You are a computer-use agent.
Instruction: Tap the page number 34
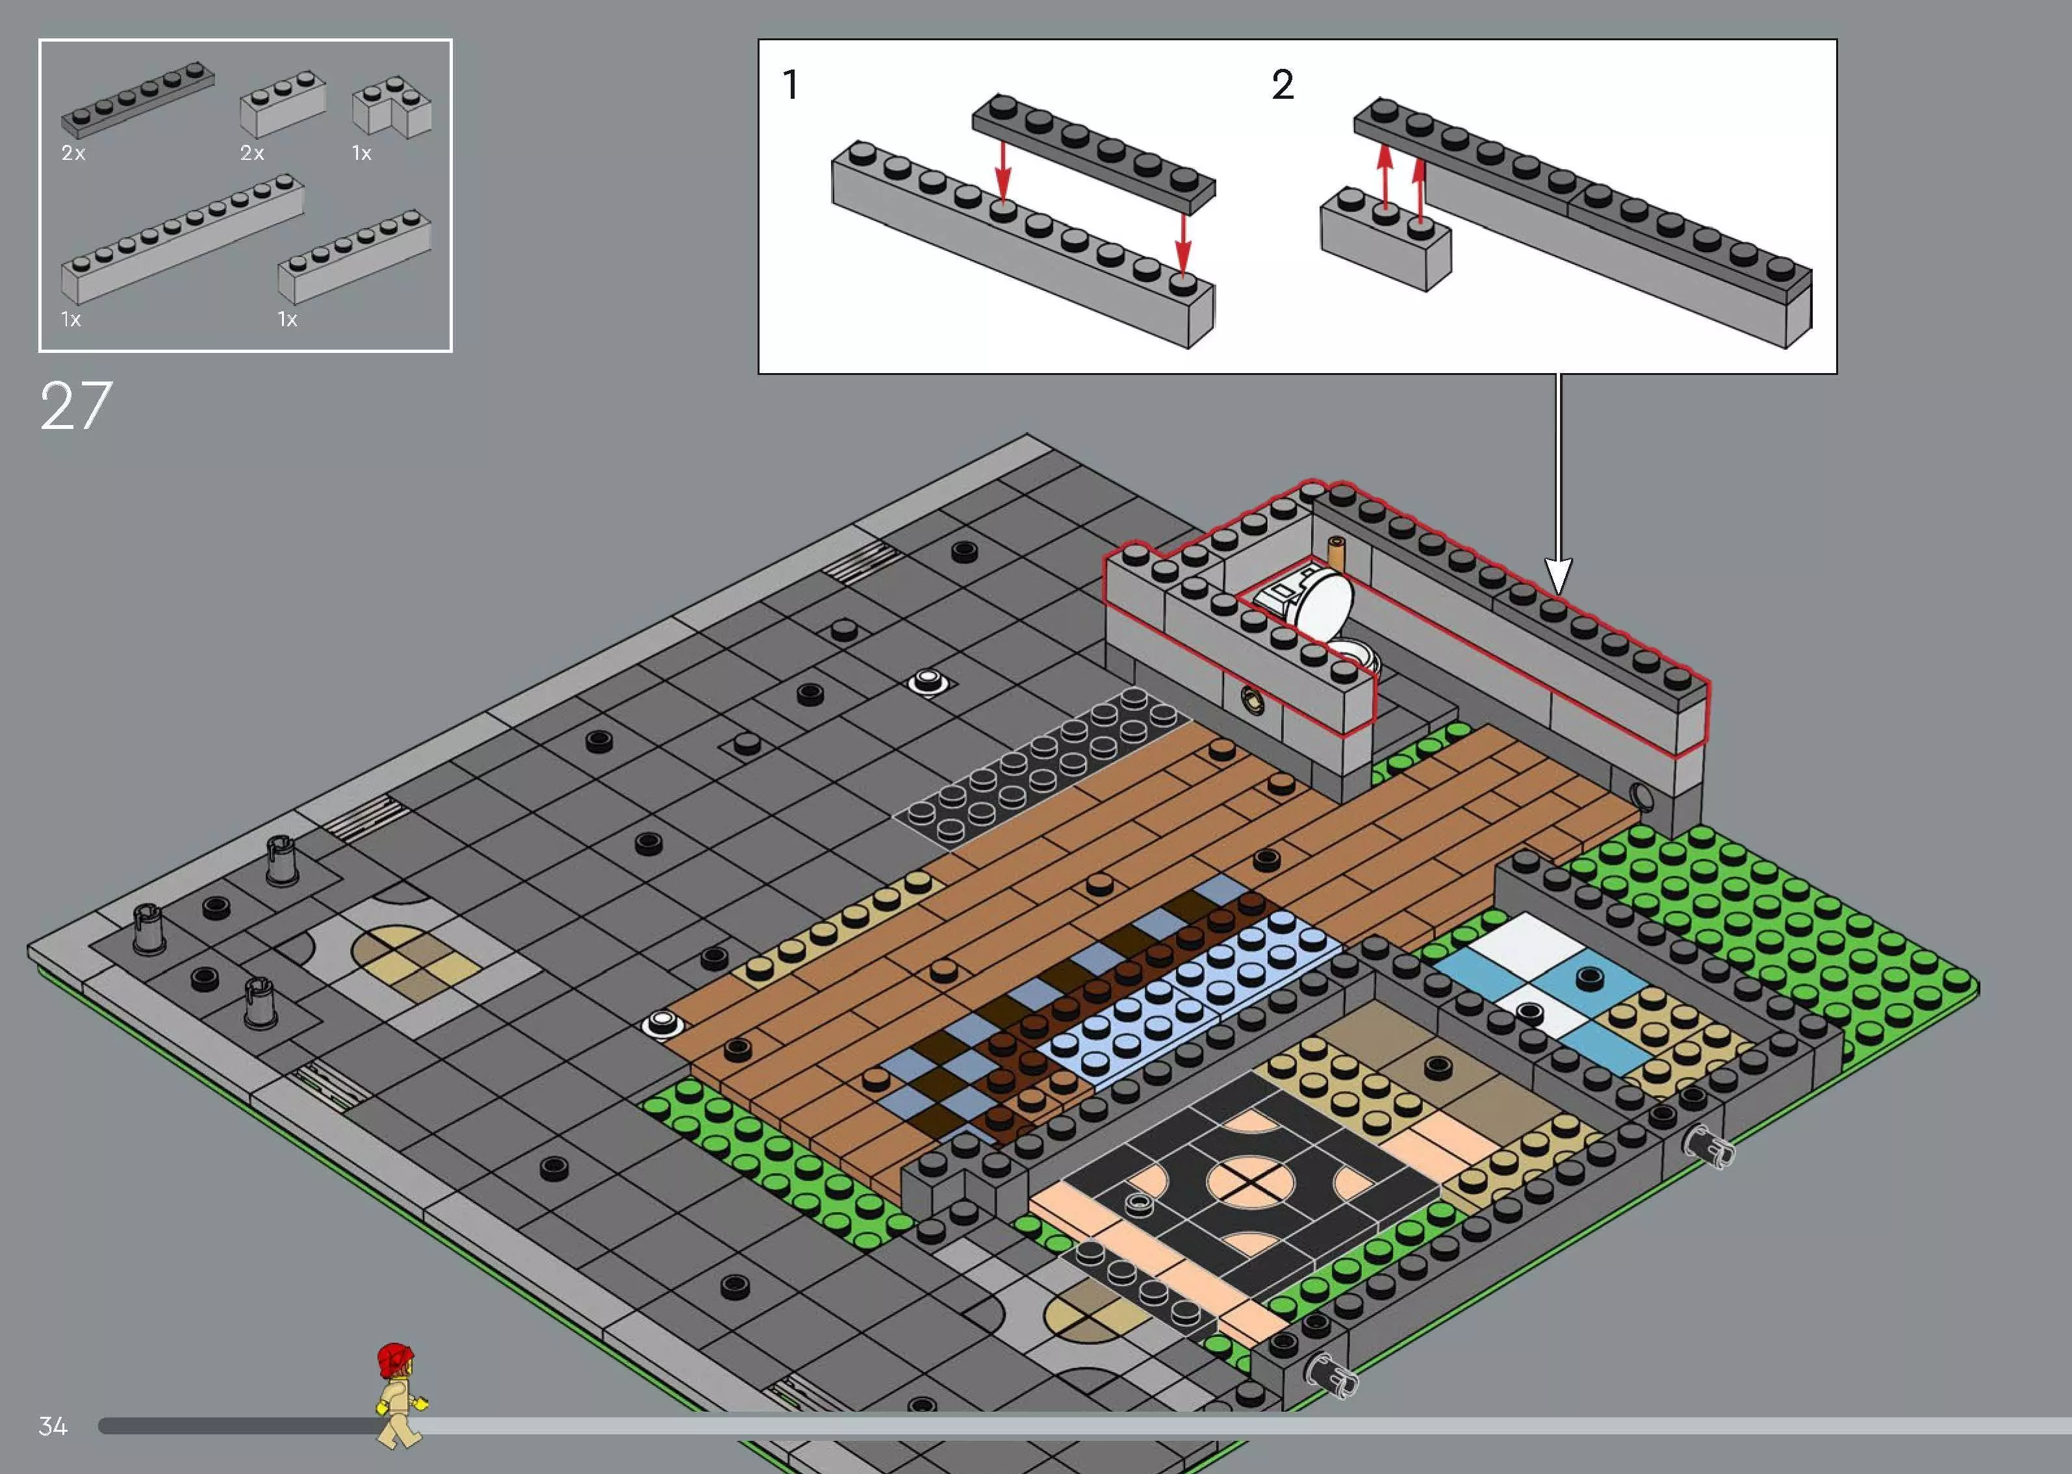coord(53,1426)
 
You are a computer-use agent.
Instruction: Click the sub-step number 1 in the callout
coord(790,85)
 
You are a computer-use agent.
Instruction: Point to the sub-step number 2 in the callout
coord(1282,85)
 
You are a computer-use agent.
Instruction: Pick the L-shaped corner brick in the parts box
coord(392,109)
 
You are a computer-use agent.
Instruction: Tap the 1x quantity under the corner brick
coord(362,153)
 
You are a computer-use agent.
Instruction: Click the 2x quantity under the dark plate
coord(73,153)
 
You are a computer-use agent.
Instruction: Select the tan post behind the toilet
coord(1337,552)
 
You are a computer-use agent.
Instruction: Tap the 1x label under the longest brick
coord(71,320)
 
